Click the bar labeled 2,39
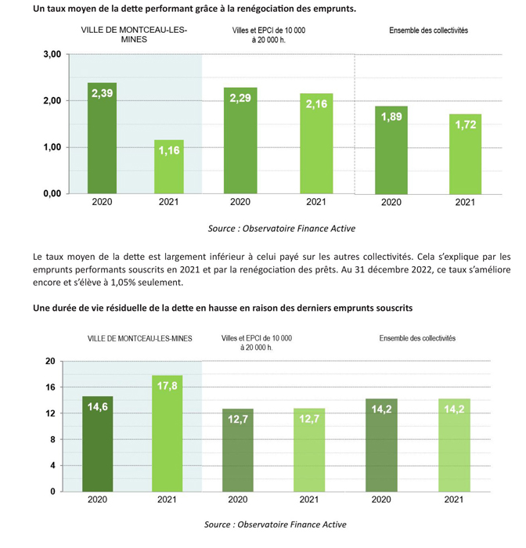click(102, 138)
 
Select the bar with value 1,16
click(169, 167)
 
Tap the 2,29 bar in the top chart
click(240, 140)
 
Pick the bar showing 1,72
click(465, 154)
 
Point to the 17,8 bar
click(167, 434)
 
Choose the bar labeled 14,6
click(98, 444)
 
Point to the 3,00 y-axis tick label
click(52, 54)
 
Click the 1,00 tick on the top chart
click(52, 147)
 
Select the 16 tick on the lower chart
click(50, 388)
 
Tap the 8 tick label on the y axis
click(52, 440)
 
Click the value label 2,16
click(316, 104)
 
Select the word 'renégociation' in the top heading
click(265, 9)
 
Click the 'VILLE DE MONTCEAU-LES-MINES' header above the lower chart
click(140, 338)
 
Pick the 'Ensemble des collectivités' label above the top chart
click(428, 31)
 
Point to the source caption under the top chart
click(282, 229)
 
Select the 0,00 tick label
click(52, 193)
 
